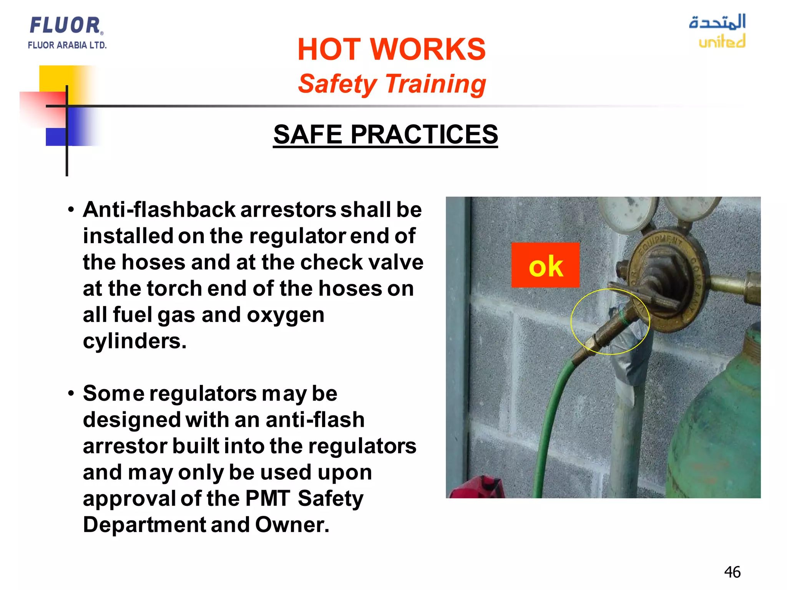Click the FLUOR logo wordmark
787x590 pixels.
click(x=65, y=25)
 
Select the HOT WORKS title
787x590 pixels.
click(x=392, y=50)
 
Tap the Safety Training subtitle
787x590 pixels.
click(x=392, y=84)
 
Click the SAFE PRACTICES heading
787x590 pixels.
click(x=385, y=134)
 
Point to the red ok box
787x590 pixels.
click(x=545, y=265)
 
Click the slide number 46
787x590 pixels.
click(x=732, y=572)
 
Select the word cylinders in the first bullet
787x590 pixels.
click(x=134, y=341)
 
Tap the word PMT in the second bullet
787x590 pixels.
click(x=267, y=499)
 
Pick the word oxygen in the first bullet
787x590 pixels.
click(x=286, y=315)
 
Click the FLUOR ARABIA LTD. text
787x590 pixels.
click(x=67, y=45)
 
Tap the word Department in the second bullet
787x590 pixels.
click(x=144, y=525)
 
